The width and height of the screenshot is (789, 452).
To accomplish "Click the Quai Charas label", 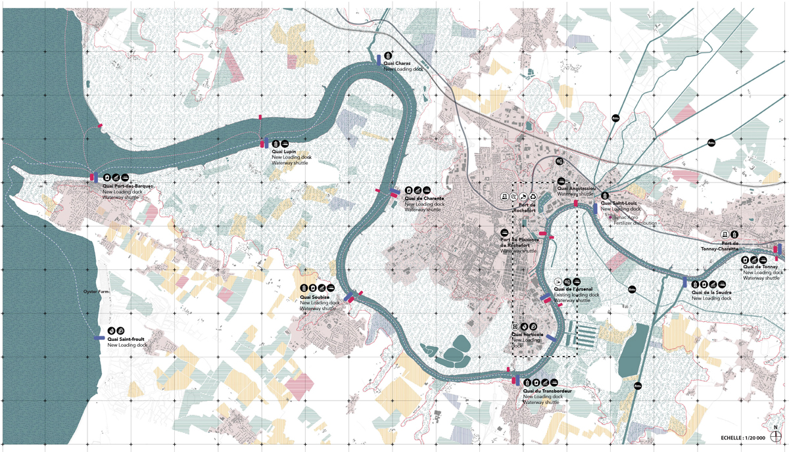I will pos(398,63).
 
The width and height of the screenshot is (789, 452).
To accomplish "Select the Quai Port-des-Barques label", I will pos(128,186).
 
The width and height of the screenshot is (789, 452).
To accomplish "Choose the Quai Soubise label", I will pos(316,297).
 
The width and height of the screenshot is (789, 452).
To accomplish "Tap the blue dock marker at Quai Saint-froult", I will pos(99,338).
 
